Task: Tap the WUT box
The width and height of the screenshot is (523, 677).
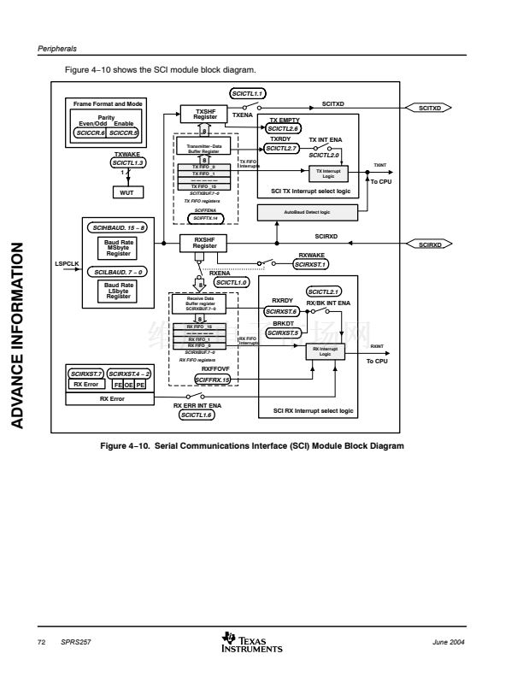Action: point(126,192)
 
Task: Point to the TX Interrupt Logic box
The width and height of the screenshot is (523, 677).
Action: point(328,174)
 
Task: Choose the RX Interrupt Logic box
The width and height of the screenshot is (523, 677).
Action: point(325,351)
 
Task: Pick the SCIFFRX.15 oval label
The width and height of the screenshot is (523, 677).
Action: point(213,378)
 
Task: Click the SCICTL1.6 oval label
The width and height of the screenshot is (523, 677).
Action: point(197,415)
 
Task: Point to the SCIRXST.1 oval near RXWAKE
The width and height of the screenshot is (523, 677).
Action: point(311,265)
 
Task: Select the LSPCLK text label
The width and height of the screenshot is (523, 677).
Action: point(68,263)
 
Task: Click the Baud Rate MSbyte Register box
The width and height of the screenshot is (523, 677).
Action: point(119,248)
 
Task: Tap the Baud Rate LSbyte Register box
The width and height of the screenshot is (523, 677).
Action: point(119,291)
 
